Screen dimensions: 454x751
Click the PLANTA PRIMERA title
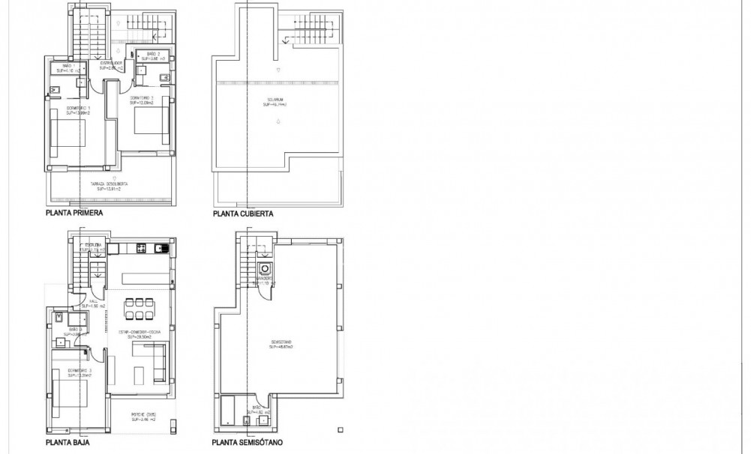pyautogui.click(x=74, y=214)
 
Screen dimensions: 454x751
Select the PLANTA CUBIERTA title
pyautogui.click(x=242, y=214)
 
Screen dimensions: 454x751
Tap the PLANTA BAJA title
pyautogui.click(x=68, y=443)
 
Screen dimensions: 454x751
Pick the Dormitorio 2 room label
pyautogui.click(x=143, y=99)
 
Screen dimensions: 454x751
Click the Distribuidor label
pyautogui.click(x=111, y=65)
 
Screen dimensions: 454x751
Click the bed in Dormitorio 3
pyautogui.click(x=69, y=393)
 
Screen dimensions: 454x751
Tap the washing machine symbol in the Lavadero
pyautogui.click(x=264, y=270)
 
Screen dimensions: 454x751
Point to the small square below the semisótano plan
pyautogui.click(x=340, y=430)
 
